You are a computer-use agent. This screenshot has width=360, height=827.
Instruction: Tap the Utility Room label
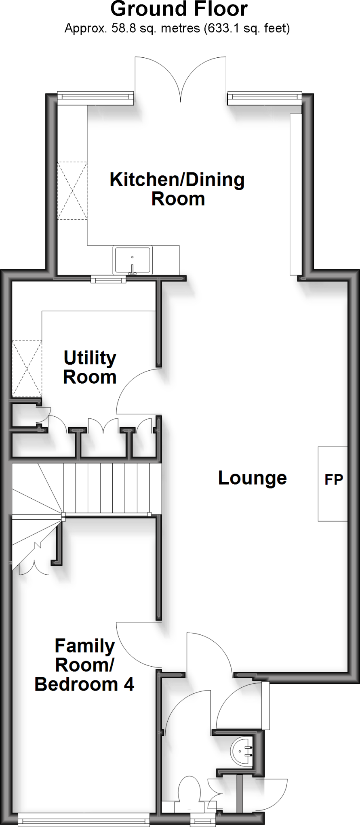(90, 367)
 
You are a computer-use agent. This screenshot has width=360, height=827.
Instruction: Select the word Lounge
(253, 478)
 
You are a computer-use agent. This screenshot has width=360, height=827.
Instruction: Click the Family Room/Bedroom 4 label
(84, 665)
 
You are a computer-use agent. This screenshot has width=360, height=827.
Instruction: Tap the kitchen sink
(133, 260)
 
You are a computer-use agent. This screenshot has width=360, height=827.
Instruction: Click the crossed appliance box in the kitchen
(72, 191)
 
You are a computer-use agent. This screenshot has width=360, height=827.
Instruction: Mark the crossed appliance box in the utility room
(27, 369)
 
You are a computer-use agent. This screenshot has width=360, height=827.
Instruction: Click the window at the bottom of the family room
(84, 820)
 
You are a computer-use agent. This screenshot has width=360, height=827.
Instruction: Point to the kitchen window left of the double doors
(95, 97)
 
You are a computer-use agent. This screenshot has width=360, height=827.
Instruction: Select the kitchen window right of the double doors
(265, 97)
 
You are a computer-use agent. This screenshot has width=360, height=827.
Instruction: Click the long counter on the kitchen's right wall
(296, 194)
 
